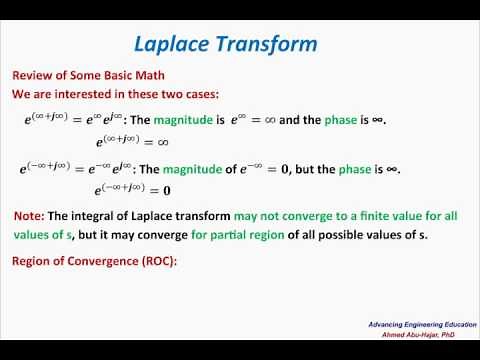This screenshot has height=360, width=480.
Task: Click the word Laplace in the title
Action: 173,44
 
